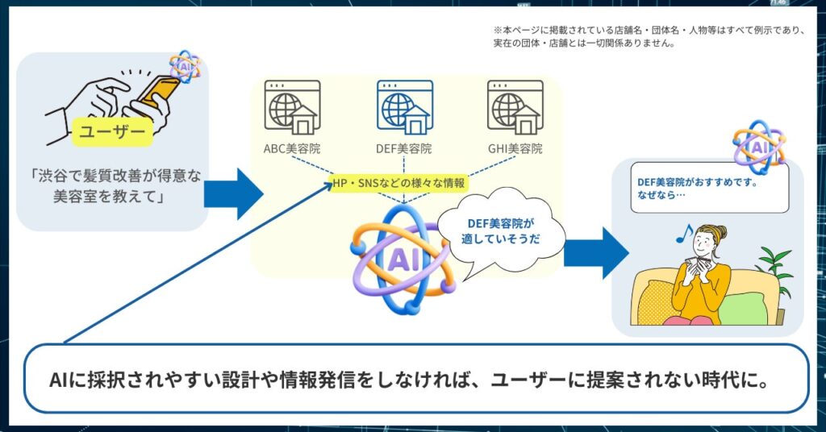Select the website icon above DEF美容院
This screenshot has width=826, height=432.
click(404, 108)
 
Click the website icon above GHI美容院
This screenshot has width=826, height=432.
click(514, 108)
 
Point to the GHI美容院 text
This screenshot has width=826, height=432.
click(515, 149)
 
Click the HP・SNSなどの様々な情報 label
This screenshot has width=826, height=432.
click(399, 184)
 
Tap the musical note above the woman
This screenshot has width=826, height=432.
click(684, 234)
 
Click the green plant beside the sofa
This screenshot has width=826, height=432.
click(773, 266)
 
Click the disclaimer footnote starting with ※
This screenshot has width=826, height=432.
click(649, 36)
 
